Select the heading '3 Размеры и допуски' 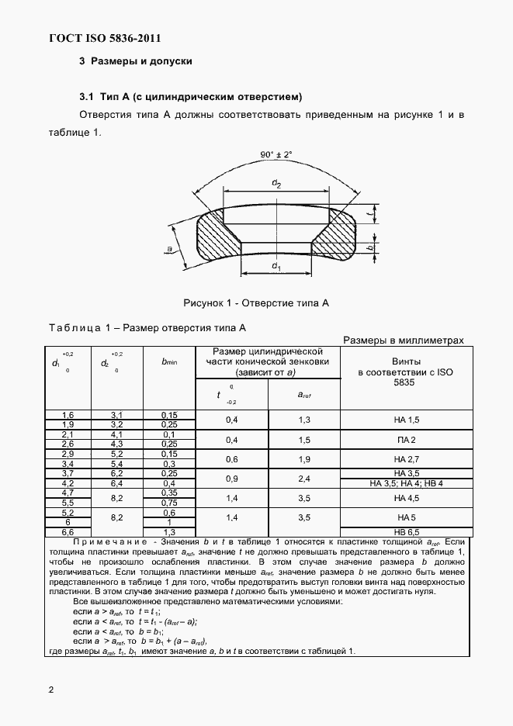pyautogui.click(x=135, y=61)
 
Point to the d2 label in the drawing pyautogui.click(x=276, y=183)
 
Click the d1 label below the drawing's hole pyautogui.click(x=276, y=266)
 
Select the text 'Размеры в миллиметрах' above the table pyautogui.click(x=403, y=340)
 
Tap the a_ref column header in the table pyautogui.click(x=304, y=396)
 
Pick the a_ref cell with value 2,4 pyautogui.click(x=304, y=479)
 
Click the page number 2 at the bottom pyautogui.click(x=50, y=690)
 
